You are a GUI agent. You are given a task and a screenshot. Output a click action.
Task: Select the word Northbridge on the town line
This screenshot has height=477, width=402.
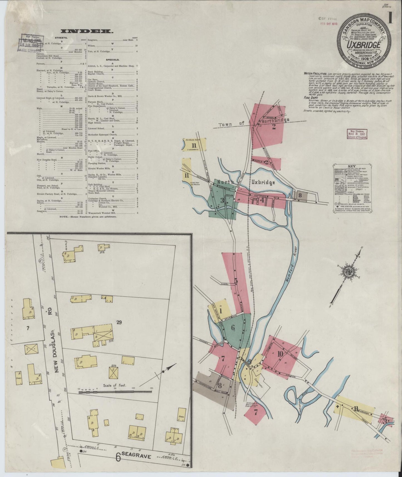(x=274, y=120)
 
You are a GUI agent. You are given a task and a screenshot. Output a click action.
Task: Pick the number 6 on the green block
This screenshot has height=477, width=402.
(x=233, y=328)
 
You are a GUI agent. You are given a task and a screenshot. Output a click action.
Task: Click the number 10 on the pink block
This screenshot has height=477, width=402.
(x=280, y=354)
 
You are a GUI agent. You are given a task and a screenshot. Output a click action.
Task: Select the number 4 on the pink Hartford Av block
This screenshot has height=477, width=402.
(x=262, y=199)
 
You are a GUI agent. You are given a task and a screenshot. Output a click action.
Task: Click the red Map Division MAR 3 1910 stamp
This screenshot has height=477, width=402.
(x=357, y=134)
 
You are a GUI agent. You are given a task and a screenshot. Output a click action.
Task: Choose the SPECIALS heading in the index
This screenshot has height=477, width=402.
(x=112, y=60)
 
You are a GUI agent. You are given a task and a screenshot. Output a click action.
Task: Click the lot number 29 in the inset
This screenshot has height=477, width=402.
(x=119, y=323)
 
